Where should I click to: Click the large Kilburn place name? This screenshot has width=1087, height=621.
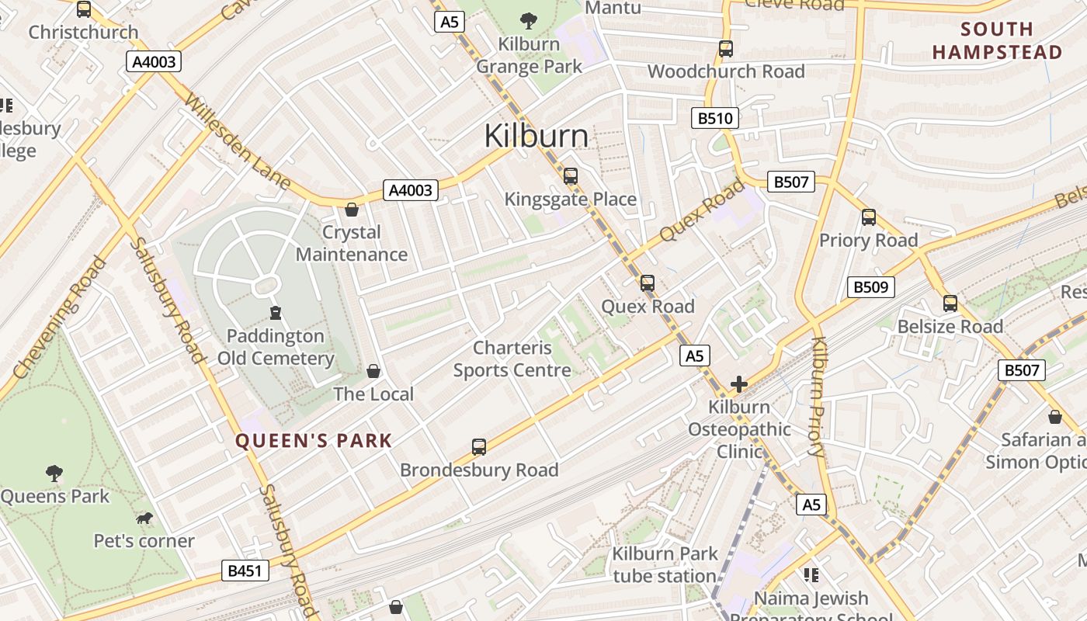tap(536, 136)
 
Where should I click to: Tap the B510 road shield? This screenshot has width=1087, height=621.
tap(714, 119)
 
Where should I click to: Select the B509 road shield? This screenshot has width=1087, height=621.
tap(870, 287)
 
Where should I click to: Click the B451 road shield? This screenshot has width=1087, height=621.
tap(245, 571)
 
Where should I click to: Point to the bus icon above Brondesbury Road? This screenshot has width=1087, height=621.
tap(479, 447)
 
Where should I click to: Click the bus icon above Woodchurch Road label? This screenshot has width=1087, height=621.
tap(726, 49)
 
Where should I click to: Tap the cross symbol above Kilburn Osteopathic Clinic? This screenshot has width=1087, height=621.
tap(738, 384)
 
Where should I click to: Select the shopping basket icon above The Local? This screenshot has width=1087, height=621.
tap(373, 371)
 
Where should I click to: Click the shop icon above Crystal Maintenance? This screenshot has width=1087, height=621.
tap(352, 210)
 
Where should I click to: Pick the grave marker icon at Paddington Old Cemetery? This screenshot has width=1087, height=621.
tap(275, 313)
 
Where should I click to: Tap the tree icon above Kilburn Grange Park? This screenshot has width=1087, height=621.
tap(529, 21)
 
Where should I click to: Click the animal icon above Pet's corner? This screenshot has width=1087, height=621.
tap(144, 518)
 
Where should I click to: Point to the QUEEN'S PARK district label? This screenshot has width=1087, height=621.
tap(314, 441)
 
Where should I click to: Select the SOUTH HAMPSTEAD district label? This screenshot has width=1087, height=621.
tap(997, 40)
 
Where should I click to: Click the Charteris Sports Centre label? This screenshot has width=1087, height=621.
tap(512, 359)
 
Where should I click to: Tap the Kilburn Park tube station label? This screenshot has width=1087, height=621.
tap(664, 565)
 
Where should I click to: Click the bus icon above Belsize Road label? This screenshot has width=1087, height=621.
tap(950, 304)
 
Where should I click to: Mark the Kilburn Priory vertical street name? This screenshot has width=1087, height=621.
tap(818, 396)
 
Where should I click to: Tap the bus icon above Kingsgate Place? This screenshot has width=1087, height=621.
tap(571, 176)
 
